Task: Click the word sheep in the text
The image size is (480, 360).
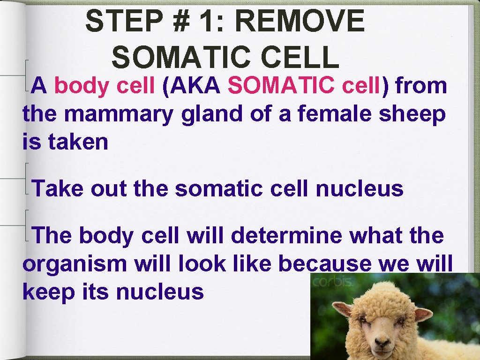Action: click(412, 115)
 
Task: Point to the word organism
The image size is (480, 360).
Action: click(75, 264)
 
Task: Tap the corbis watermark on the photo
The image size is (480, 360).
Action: click(333, 282)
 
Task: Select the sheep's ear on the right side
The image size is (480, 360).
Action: click(423, 314)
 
